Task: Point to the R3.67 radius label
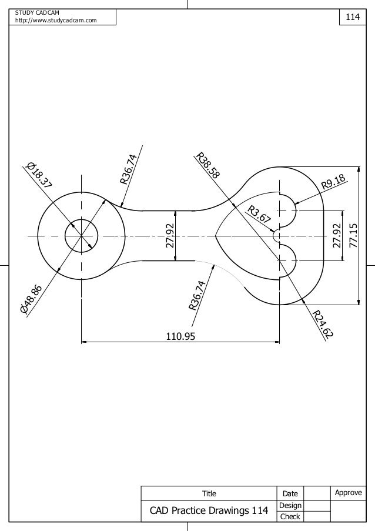tap(259, 215)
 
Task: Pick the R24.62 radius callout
tap(323, 324)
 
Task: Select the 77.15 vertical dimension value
tap(353, 236)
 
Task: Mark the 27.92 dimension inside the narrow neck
tap(170, 235)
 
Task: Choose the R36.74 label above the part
tap(129, 169)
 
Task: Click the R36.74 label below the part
tap(197, 295)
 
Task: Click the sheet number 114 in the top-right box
tap(352, 17)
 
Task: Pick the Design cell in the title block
tap(290, 505)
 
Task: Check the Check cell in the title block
tap(290, 517)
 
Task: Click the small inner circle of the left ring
tap(82, 236)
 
